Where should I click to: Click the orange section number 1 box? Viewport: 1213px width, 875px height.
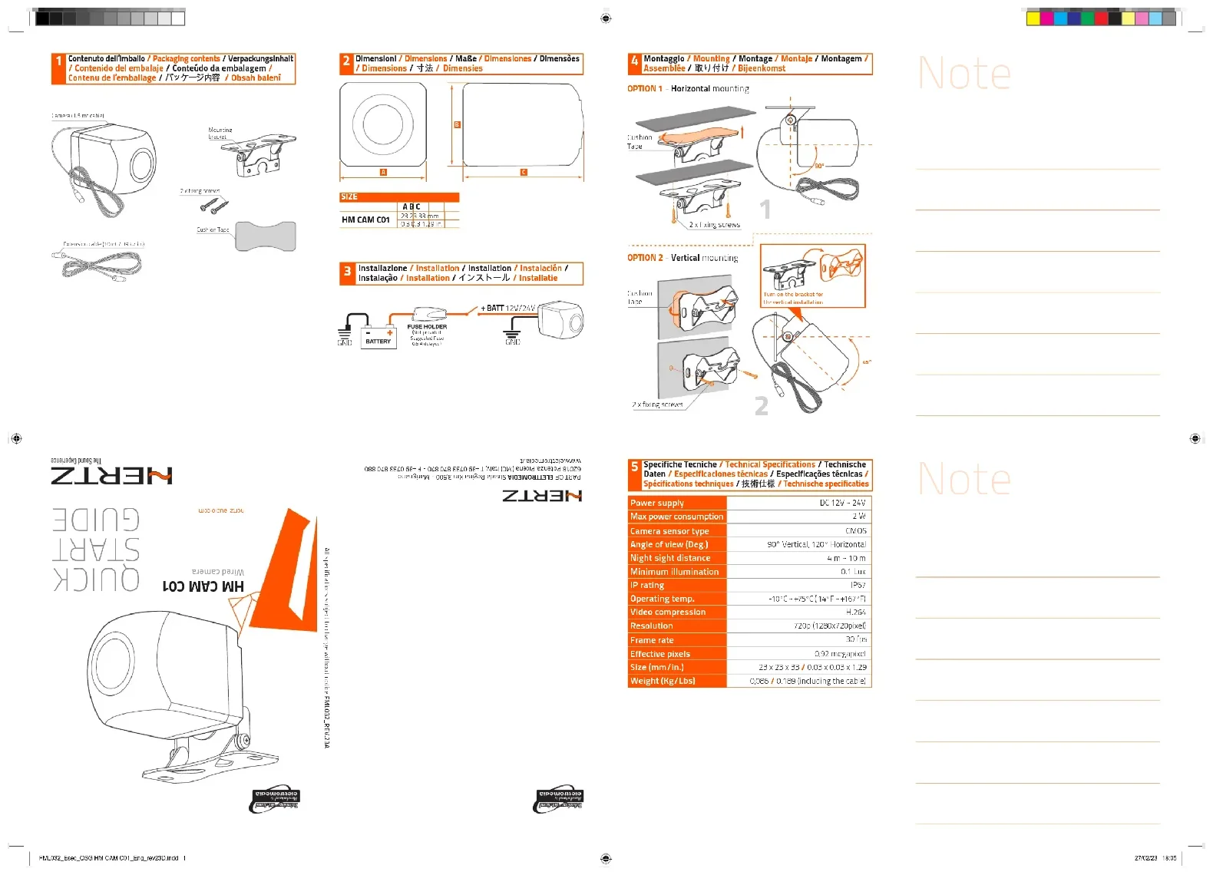tap(58, 61)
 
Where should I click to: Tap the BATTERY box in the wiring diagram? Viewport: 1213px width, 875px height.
tap(378, 338)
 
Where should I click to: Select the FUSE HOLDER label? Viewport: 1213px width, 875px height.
tap(427, 326)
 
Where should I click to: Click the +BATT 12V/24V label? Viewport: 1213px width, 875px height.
tap(507, 308)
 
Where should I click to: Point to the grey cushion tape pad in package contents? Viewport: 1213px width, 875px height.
tap(266, 236)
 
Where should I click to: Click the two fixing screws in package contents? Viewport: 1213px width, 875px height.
tap(214, 205)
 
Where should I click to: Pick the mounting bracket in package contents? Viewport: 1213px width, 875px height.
tap(259, 157)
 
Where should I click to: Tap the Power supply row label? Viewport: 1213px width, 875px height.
tap(657, 504)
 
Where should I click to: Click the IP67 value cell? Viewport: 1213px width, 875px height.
tap(858, 585)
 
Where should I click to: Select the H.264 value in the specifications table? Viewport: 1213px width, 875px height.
tap(855, 612)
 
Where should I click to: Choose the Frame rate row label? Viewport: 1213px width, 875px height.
tap(652, 640)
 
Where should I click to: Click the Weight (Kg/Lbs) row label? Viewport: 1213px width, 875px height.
tap(663, 681)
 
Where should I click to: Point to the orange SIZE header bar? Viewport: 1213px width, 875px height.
tap(399, 197)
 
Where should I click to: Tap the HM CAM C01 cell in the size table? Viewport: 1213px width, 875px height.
tap(365, 220)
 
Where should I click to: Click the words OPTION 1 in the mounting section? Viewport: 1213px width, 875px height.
tap(644, 89)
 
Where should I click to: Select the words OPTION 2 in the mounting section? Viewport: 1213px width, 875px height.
tap(644, 258)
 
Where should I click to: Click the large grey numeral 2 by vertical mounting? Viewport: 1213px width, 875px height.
tap(761, 405)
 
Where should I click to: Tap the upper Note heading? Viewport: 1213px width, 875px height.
tap(964, 74)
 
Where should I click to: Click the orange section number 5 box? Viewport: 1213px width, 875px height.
tap(634, 467)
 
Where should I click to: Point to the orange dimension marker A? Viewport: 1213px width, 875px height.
tap(383, 172)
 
